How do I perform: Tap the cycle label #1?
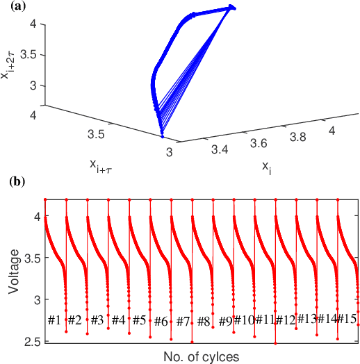pyautogui.click(x=55, y=320)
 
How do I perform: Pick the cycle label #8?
pyautogui.click(x=204, y=322)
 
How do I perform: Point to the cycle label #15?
pyautogui.click(x=347, y=318)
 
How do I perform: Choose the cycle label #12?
pyautogui.click(x=286, y=320)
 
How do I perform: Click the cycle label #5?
pyautogui.click(x=140, y=320)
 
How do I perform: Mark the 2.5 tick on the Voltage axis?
pyautogui.click(x=33, y=342)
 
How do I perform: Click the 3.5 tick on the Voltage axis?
pyautogui.click(x=33, y=258)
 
